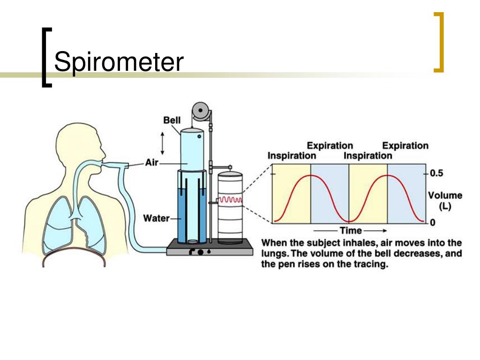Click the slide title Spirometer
(x=119, y=63)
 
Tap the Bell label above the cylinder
(x=172, y=120)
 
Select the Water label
(x=156, y=218)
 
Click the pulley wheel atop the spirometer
(x=201, y=112)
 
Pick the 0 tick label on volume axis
(x=432, y=222)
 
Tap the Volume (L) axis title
(x=445, y=201)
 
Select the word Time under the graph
(x=351, y=231)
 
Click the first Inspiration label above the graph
(x=292, y=156)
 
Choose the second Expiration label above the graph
(x=405, y=145)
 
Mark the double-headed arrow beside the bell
(x=163, y=143)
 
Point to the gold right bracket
(x=439, y=42)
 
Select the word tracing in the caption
(x=371, y=264)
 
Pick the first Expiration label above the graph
(x=330, y=145)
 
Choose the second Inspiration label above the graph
(x=367, y=156)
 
